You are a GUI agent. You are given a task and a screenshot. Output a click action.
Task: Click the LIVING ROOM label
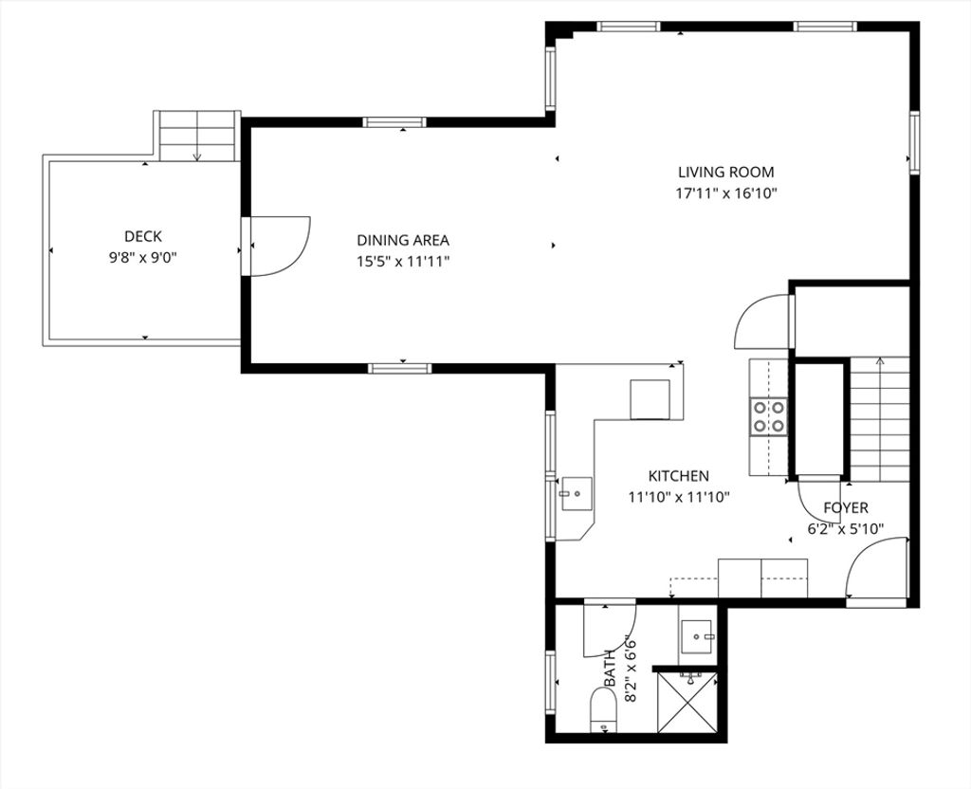(x=725, y=173)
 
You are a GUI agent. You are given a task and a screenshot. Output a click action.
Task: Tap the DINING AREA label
(x=402, y=240)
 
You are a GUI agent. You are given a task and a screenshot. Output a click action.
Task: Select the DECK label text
(x=143, y=236)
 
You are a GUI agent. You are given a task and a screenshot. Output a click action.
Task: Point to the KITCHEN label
(x=678, y=476)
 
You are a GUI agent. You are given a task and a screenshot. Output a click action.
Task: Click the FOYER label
(x=845, y=508)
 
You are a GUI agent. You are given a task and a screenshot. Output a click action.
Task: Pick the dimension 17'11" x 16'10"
(x=725, y=193)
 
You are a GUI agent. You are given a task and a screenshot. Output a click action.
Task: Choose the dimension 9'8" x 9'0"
(x=143, y=258)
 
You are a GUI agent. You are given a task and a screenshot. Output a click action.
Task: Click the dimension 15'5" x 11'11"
(x=402, y=262)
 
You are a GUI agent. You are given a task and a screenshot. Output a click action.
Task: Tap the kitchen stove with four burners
(x=768, y=417)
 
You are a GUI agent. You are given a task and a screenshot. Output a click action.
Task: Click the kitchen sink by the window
(x=577, y=493)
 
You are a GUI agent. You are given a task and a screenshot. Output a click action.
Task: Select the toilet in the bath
(x=604, y=709)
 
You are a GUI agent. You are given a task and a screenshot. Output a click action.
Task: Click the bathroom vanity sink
(x=697, y=637)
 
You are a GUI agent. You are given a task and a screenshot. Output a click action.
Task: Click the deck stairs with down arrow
(x=197, y=137)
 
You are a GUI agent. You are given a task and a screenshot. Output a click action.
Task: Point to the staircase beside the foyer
(x=879, y=419)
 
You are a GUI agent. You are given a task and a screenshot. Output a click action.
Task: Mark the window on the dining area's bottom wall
(x=399, y=369)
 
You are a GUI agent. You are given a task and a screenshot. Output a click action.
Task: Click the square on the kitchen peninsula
(x=650, y=399)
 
